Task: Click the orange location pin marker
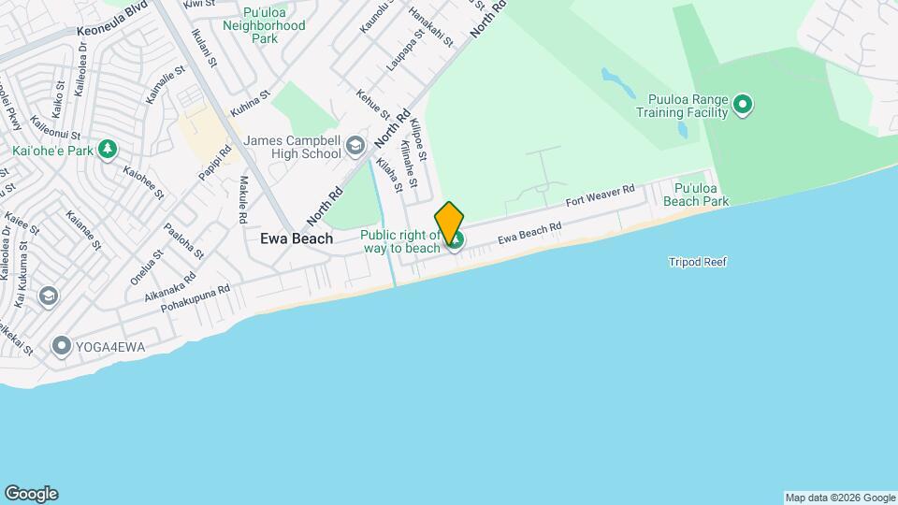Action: click(x=449, y=223)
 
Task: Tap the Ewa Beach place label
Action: click(x=296, y=238)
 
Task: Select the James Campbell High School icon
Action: click(x=355, y=145)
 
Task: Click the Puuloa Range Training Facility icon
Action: click(x=742, y=105)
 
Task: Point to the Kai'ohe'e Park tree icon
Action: click(x=109, y=149)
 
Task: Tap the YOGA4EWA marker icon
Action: click(x=62, y=347)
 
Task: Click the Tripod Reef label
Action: click(x=697, y=262)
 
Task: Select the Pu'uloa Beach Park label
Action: click(x=695, y=194)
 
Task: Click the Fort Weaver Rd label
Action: click(x=601, y=195)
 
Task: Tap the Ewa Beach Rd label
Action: click(x=529, y=233)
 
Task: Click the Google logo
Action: click(x=31, y=494)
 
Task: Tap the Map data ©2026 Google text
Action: click(x=840, y=498)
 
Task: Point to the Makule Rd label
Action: click(x=243, y=199)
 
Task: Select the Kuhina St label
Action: click(x=250, y=103)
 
